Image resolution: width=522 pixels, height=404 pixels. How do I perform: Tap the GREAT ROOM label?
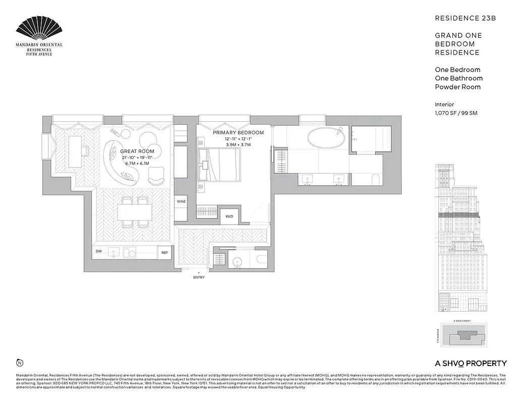click(137, 151)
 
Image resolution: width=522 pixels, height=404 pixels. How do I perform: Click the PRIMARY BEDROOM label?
click(231, 132)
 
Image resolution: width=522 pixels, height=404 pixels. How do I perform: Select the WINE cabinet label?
click(181, 201)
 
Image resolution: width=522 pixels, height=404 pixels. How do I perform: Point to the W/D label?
click(229, 216)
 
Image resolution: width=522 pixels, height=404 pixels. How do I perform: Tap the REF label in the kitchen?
click(164, 252)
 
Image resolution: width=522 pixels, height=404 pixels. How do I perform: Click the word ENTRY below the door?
click(199, 277)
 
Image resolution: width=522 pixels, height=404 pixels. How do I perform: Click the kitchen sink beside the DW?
click(114, 252)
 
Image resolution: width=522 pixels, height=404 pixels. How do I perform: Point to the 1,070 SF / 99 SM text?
click(456, 113)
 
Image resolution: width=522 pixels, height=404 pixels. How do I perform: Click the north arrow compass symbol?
click(20, 363)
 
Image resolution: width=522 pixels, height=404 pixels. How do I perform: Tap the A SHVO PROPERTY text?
click(471, 363)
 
